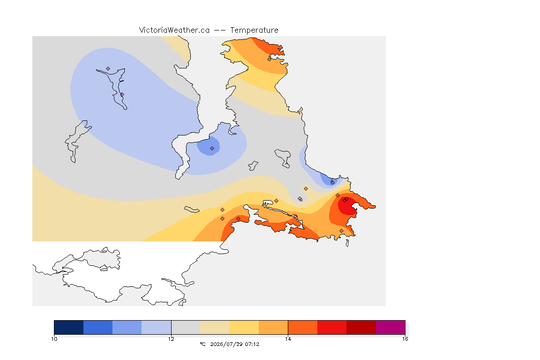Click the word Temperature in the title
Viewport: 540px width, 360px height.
click(254, 30)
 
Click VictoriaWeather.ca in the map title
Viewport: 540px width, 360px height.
click(174, 30)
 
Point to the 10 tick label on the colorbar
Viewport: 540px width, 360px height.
click(54, 339)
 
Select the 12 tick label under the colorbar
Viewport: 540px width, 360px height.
click(171, 339)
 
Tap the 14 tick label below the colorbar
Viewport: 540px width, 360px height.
click(288, 339)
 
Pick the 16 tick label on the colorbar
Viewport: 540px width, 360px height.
click(405, 339)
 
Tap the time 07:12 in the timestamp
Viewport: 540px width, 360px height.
click(252, 344)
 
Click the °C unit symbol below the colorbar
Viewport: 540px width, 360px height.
click(202, 344)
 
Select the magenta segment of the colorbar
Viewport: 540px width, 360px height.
click(390, 327)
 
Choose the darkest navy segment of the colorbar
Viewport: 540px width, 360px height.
click(69, 327)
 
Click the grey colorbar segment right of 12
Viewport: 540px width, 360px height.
click(186, 327)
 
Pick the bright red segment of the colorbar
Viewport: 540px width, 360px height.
click(332, 327)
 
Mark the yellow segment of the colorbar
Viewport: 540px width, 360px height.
click(244, 327)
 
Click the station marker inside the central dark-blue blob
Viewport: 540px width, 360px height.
click(212, 149)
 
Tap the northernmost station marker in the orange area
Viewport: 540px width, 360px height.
click(270, 59)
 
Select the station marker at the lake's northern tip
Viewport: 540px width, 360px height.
click(108, 69)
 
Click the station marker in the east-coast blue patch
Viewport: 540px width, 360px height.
click(332, 183)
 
